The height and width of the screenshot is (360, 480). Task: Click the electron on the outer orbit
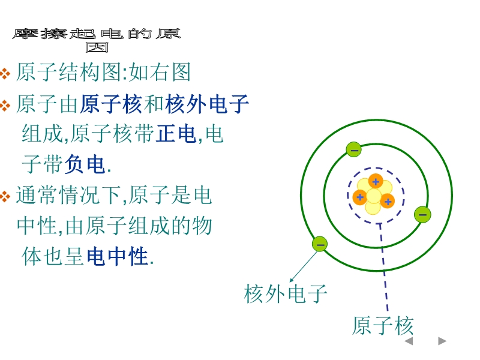point(320,244)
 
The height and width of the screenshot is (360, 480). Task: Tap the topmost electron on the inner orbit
point(353,149)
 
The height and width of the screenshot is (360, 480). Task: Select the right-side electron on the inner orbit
point(422,214)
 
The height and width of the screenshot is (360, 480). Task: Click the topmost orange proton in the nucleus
point(376,181)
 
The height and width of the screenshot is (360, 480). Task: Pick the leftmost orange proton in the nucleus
point(360,197)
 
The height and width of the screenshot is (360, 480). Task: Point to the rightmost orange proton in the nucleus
point(388,201)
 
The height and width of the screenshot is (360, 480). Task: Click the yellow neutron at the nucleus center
point(374,196)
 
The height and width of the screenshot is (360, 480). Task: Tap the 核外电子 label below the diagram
point(286,293)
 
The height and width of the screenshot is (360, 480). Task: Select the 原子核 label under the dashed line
point(383,325)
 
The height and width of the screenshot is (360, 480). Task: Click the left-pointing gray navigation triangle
point(409,341)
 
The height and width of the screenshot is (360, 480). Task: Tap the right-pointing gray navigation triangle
point(442,341)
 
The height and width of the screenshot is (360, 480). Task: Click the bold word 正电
point(176,134)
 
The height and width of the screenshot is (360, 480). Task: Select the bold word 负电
point(85,164)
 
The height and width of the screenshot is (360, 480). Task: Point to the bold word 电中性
point(118,256)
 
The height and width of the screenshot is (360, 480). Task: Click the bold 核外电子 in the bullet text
point(207,104)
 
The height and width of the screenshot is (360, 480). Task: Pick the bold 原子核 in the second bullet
point(111,104)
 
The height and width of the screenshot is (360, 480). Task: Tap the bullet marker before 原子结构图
point(5,73)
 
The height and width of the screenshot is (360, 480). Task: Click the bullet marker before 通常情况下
point(5,196)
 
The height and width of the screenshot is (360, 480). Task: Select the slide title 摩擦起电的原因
point(97,40)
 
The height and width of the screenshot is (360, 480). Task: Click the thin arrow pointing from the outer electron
point(304,266)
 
